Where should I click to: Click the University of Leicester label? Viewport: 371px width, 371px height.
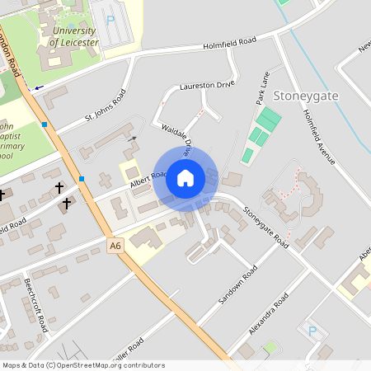pos(75,36)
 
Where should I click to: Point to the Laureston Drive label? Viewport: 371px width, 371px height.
pos(207,85)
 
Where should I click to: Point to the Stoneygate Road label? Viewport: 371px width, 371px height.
pos(267,225)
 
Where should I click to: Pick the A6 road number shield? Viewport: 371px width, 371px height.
pos(115,244)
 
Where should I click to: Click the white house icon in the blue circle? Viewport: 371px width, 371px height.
pos(185,178)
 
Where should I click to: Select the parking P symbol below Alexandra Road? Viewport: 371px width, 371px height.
pos(312,331)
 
